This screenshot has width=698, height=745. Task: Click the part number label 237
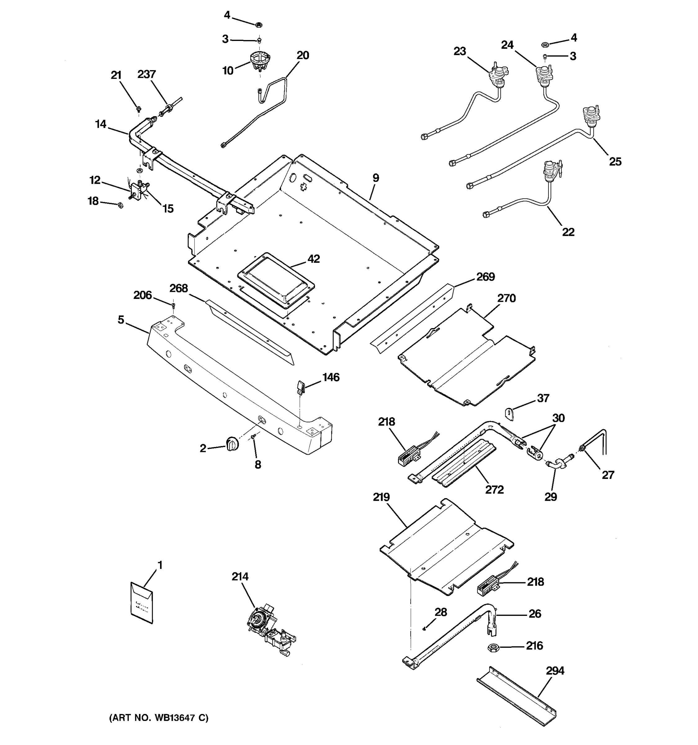[x=146, y=74]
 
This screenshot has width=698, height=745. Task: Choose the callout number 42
[x=313, y=259]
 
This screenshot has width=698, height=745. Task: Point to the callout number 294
[x=555, y=670]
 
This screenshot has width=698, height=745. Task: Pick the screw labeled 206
[x=173, y=306]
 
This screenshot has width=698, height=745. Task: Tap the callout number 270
[x=506, y=298]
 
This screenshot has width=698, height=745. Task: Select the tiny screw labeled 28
[x=423, y=629]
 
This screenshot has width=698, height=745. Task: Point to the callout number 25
[x=615, y=161]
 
